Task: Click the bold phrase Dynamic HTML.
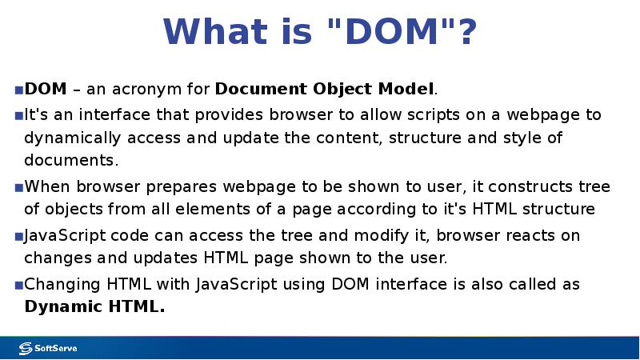pyautogui.click(x=94, y=307)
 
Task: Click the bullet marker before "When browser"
pyautogui.click(x=18, y=188)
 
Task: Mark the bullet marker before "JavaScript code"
pyautogui.click(x=18, y=237)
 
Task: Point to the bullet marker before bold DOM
pyautogui.click(x=18, y=89)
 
